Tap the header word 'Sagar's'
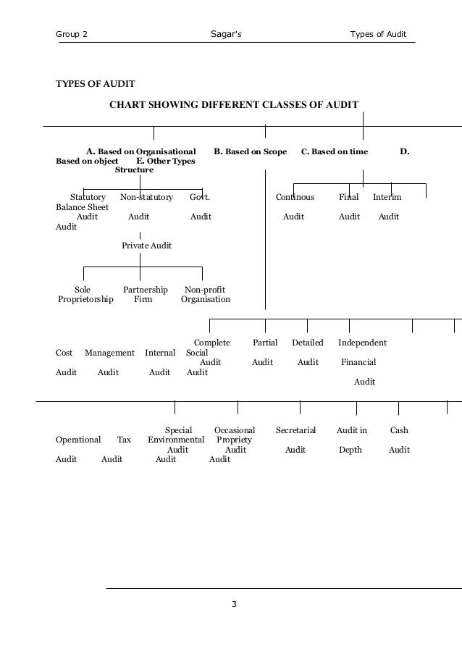(x=227, y=34)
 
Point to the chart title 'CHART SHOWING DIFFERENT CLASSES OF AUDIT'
(x=233, y=105)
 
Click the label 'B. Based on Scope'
(x=251, y=152)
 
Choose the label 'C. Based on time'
(x=335, y=152)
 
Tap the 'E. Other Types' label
(x=166, y=161)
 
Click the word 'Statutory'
(x=88, y=197)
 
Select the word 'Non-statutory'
(x=146, y=197)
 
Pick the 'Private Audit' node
(x=147, y=246)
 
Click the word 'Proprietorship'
(x=85, y=299)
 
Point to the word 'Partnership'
(x=146, y=290)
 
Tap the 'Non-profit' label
(x=205, y=290)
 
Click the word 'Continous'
(x=295, y=197)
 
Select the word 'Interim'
(x=387, y=197)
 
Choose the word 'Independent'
(x=362, y=343)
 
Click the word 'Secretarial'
(x=295, y=430)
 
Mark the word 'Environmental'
(x=176, y=440)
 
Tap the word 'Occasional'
(x=235, y=430)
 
